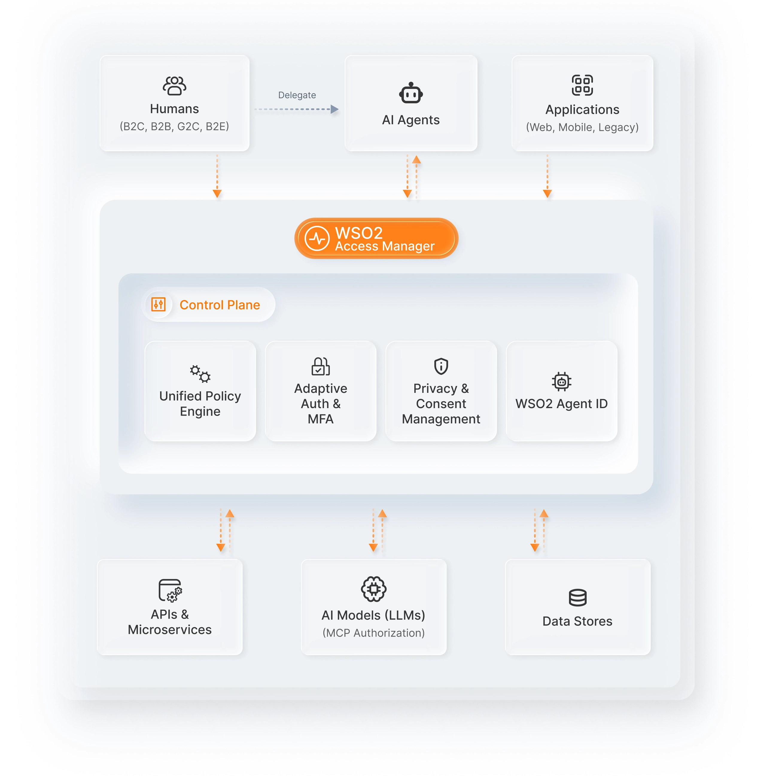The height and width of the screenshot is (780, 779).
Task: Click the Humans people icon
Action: (174, 86)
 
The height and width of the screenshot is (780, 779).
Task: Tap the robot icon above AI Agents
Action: (411, 93)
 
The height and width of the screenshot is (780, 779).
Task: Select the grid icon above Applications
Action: (582, 85)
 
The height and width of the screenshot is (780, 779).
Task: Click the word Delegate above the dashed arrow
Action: (297, 95)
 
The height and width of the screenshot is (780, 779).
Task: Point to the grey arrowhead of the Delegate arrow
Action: (334, 109)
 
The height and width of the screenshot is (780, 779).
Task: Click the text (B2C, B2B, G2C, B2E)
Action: (174, 127)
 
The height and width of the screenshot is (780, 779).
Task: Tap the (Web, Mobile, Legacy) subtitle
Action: (582, 128)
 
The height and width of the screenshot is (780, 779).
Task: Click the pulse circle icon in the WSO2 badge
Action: (317, 238)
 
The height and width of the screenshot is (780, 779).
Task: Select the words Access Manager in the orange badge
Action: (384, 246)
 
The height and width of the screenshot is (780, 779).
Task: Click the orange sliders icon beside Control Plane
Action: (158, 305)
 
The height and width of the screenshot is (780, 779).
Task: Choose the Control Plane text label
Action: (220, 305)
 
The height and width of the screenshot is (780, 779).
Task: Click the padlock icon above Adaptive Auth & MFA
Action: (320, 366)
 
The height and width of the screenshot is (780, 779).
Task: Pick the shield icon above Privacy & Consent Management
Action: (441, 366)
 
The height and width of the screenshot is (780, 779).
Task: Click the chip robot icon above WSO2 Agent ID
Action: (561, 381)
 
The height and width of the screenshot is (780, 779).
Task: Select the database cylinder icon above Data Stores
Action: (577, 598)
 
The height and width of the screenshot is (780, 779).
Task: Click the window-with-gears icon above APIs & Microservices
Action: (170, 591)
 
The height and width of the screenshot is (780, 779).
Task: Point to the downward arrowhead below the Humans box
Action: (217, 194)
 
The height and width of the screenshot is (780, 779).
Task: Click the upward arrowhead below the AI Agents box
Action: (416, 160)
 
